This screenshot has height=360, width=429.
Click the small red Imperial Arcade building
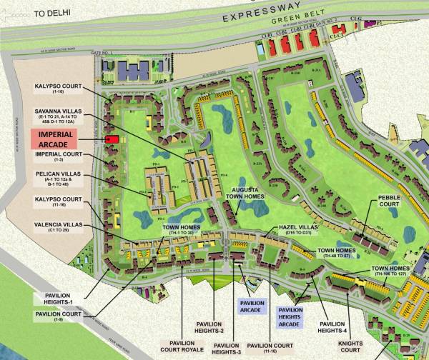(112, 139)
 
